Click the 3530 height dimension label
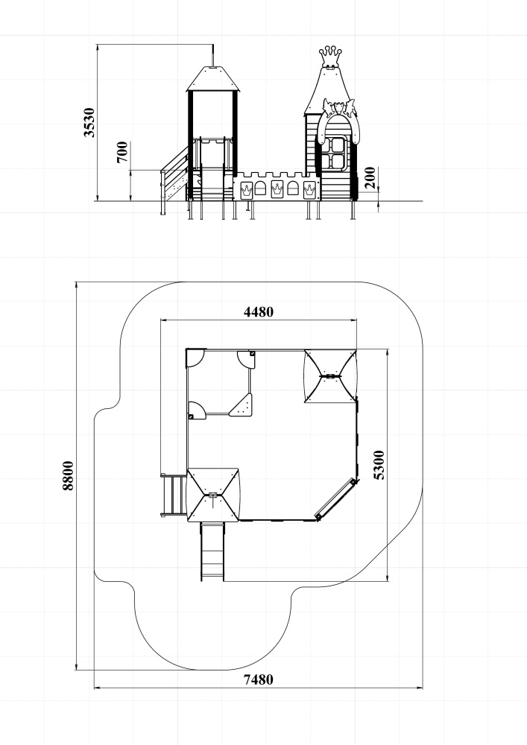tap(89, 122)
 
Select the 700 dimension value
tap(122, 152)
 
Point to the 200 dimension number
tap(370, 178)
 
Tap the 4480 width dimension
tap(259, 311)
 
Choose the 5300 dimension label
tap(379, 465)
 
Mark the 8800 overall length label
tap(68, 475)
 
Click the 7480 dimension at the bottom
tap(259, 680)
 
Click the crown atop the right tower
tap(331, 57)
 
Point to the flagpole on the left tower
tap(213, 55)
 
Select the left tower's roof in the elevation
tap(213, 78)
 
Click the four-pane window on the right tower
tap(336, 153)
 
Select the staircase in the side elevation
tap(174, 178)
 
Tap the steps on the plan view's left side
tap(174, 495)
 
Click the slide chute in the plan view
tap(212, 551)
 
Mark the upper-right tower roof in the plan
tap(330, 375)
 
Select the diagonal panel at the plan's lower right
tap(336, 499)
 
